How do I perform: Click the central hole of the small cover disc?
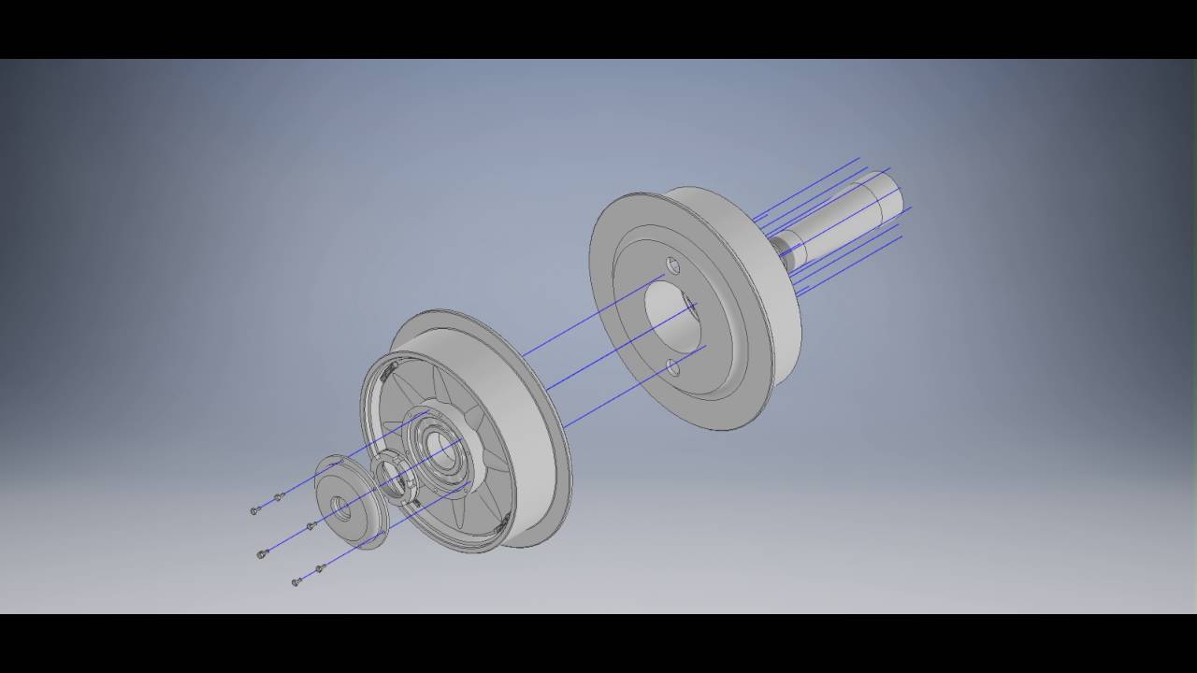point(340,508)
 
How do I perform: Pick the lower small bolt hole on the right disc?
point(673,367)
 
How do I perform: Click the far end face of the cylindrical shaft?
point(892,193)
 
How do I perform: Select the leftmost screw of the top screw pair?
point(255,510)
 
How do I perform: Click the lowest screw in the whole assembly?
point(296,581)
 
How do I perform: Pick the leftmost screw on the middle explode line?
point(262,554)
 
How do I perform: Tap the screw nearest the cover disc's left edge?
point(311,525)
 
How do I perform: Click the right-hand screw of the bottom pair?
point(320,568)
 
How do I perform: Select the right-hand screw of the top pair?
point(278,496)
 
